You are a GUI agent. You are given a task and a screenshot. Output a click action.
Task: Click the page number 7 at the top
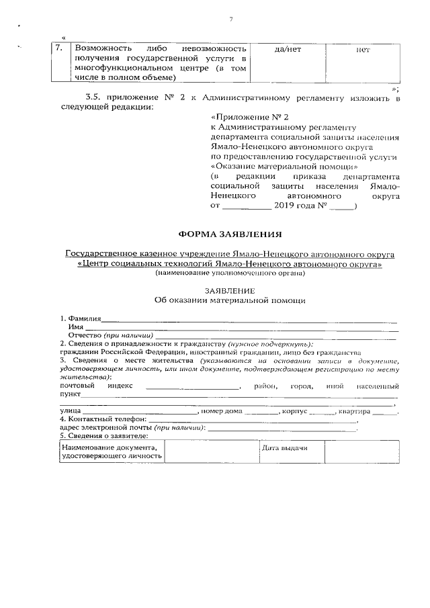pyautogui.click(x=230, y=18)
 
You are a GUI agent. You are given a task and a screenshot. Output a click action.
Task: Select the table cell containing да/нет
pyautogui.click(x=288, y=50)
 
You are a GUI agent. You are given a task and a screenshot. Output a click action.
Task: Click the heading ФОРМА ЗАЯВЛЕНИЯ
pyautogui.click(x=230, y=234)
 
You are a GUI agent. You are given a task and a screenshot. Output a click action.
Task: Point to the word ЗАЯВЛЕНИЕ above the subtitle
pyautogui.click(x=230, y=290)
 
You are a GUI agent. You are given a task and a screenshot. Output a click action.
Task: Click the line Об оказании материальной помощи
pyautogui.click(x=230, y=300)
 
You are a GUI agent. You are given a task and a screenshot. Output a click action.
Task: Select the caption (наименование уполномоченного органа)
pyautogui.click(x=230, y=273)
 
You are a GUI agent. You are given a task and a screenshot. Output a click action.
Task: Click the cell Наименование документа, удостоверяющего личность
pyautogui.click(x=111, y=452)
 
